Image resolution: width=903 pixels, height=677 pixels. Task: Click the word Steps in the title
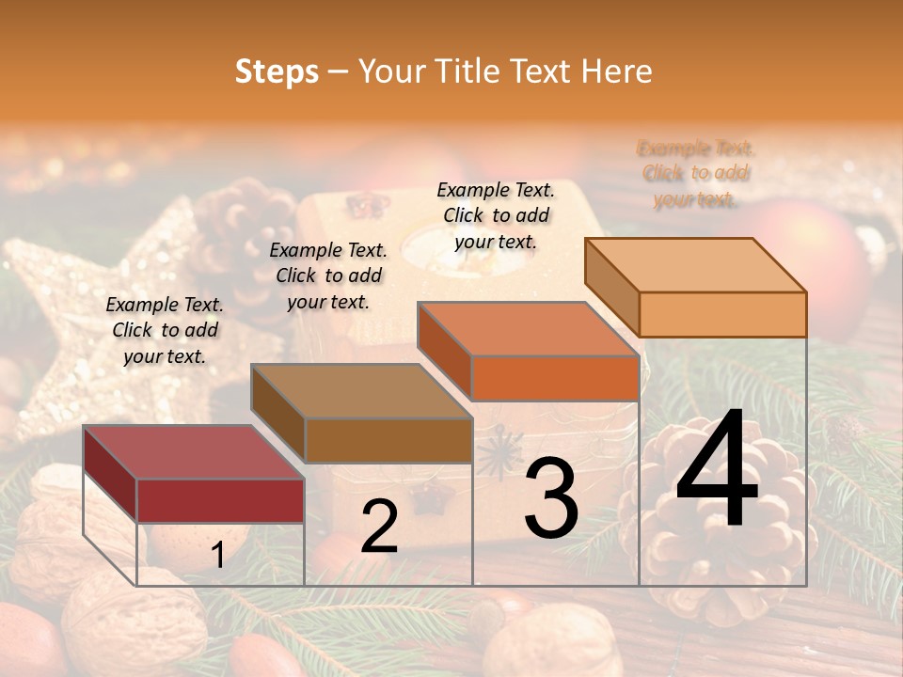pyautogui.click(x=277, y=71)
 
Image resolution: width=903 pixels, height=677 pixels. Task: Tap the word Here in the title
pyautogui.click(x=616, y=71)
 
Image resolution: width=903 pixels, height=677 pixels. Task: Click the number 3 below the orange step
pyautogui.click(x=551, y=498)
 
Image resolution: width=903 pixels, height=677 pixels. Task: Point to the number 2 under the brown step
pyautogui.click(x=379, y=527)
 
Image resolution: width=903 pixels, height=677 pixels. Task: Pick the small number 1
pyautogui.click(x=217, y=556)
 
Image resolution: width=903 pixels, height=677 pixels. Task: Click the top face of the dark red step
pyautogui.click(x=193, y=452)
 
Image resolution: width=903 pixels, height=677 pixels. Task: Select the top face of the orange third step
pyautogui.click(x=528, y=329)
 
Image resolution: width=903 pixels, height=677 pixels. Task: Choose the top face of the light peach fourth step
pyautogui.click(x=695, y=264)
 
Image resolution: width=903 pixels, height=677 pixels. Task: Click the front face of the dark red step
pyautogui.click(x=220, y=500)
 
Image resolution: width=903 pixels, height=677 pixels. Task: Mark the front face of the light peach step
pyautogui.click(x=722, y=314)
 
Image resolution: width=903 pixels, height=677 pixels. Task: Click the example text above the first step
pyautogui.click(x=165, y=331)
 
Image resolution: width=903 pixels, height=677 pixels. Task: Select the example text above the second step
pyautogui.click(x=328, y=276)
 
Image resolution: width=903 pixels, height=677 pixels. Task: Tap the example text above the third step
pyautogui.click(x=496, y=215)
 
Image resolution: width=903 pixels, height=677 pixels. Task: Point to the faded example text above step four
pyautogui.click(x=695, y=174)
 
